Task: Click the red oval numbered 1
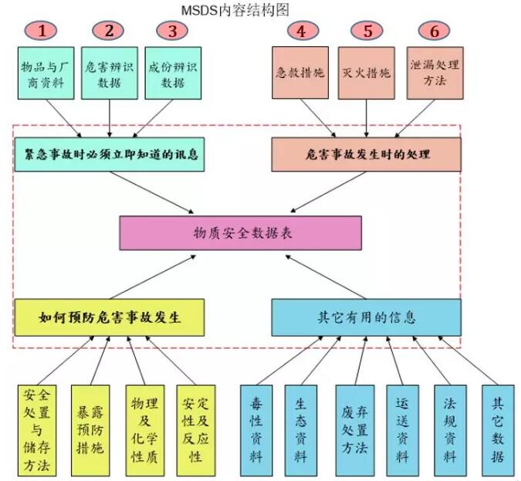click(x=41, y=31)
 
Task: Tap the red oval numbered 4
click(x=302, y=31)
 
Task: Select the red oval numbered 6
click(x=434, y=31)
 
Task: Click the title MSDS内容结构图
click(x=235, y=10)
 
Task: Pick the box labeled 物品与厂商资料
click(x=46, y=73)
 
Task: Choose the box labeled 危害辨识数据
click(x=110, y=73)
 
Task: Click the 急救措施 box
click(x=300, y=73)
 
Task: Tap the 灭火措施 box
click(x=367, y=73)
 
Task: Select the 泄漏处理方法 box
click(x=435, y=73)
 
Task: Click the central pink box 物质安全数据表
click(x=241, y=233)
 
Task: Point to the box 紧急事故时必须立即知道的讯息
click(x=110, y=154)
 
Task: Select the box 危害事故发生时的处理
click(x=366, y=154)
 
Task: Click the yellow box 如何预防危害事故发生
click(x=110, y=317)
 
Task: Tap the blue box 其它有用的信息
click(x=366, y=317)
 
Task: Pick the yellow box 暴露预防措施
click(x=90, y=431)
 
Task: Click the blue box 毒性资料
click(x=256, y=431)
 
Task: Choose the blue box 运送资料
click(x=402, y=431)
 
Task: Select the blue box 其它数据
click(x=498, y=431)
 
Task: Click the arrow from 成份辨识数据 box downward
click(x=153, y=118)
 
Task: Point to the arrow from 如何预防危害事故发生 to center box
click(x=153, y=277)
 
